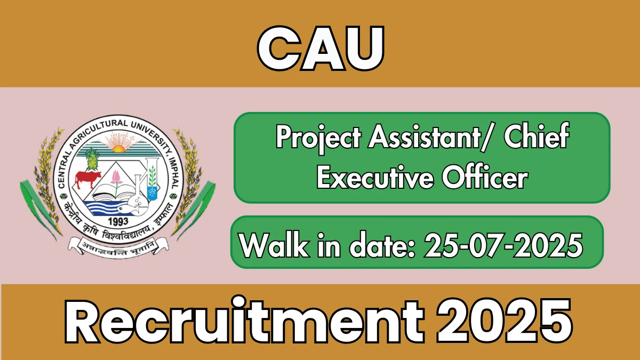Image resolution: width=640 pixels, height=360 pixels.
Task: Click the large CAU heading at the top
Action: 321,48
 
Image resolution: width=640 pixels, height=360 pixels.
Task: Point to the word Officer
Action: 485,178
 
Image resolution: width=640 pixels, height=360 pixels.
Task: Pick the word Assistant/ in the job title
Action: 431,137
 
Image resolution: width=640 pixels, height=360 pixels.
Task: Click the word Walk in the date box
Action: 275,246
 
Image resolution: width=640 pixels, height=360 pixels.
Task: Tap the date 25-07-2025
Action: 503,245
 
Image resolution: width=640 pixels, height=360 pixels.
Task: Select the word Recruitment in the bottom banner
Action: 244,321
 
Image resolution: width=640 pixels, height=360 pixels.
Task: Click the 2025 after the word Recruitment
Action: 505,321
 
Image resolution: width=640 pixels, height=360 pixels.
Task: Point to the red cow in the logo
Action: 87,179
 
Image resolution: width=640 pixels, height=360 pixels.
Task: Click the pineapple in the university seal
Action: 92,159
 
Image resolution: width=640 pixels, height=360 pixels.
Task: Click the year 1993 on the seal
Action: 118,221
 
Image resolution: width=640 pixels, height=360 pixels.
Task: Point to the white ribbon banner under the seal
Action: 118,247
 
